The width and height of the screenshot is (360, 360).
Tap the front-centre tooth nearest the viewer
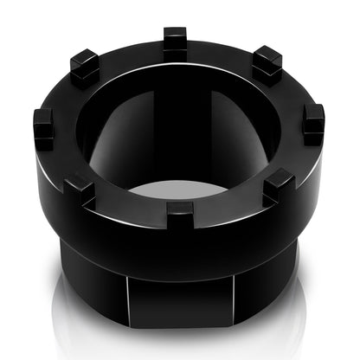tap(181, 212)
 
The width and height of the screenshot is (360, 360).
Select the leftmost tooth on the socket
tap(44, 127)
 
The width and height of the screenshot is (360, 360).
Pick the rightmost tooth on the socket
tap(313, 123)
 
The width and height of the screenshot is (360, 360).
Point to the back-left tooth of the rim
tap(85, 67)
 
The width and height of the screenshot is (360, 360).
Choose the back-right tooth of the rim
tap(267, 63)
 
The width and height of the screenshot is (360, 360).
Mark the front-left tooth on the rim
tap(80, 186)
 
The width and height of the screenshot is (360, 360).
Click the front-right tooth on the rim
tap(279, 184)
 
